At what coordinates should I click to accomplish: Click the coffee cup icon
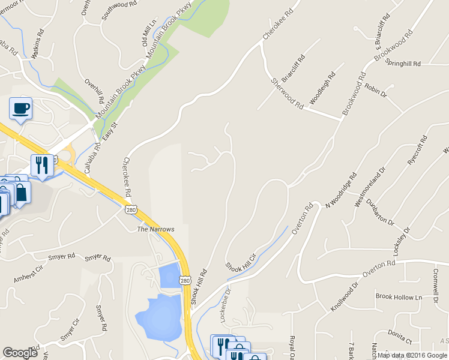point(21,109)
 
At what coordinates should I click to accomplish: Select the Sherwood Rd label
point(287,93)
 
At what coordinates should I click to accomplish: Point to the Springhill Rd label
point(403,63)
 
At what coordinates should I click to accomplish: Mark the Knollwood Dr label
point(345,298)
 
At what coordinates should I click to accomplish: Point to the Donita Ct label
point(399,337)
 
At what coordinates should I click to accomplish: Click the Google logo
point(20,353)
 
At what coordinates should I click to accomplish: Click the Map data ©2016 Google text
point(412,355)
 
